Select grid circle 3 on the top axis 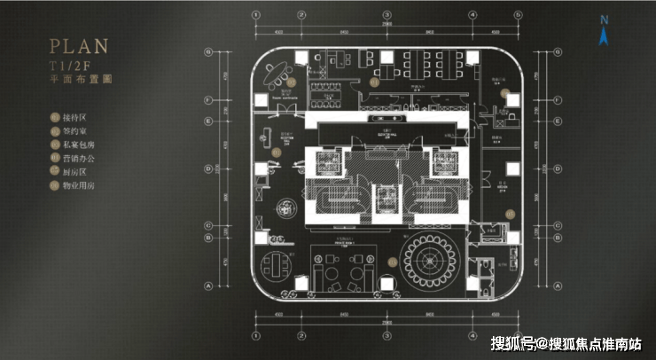[x=387, y=16]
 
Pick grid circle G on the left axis [x=208, y=51]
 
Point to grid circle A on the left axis [x=208, y=286]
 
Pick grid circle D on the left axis [x=208, y=168]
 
